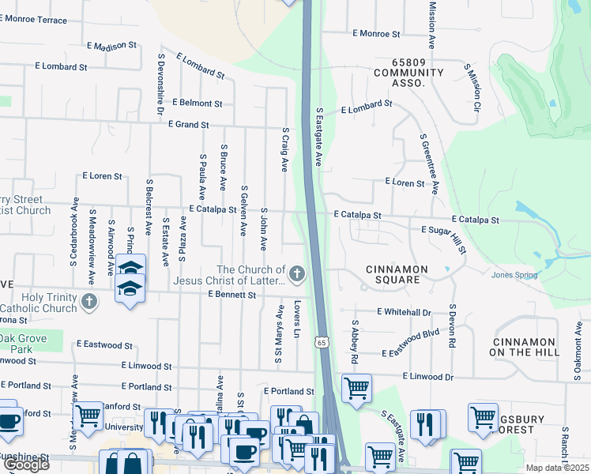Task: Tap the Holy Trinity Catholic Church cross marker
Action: click(x=90, y=301)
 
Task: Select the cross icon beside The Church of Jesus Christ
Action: click(x=297, y=274)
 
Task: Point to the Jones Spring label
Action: click(x=514, y=275)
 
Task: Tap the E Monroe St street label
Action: click(x=376, y=34)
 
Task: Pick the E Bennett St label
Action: click(x=232, y=295)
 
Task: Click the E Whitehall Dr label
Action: click(x=404, y=313)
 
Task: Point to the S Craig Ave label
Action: click(x=284, y=149)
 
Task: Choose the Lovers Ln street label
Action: click(x=297, y=320)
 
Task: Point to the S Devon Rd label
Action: click(x=453, y=326)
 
